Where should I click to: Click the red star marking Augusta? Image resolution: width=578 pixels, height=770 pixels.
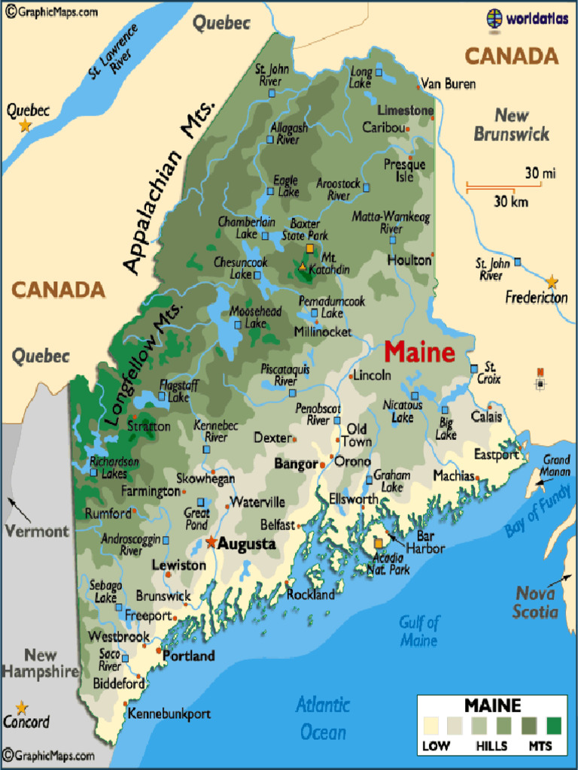pyautogui.click(x=211, y=542)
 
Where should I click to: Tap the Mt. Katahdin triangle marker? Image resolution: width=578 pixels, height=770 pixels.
pyautogui.click(x=303, y=267)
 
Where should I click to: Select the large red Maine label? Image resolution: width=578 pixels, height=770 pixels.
pyautogui.click(x=419, y=352)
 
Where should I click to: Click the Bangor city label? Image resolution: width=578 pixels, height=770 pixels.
pyautogui.click(x=296, y=464)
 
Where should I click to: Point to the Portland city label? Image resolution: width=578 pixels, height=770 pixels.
pyautogui.click(x=189, y=656)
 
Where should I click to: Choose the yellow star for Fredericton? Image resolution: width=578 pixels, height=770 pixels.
pyautogui.click(x=552, y=282)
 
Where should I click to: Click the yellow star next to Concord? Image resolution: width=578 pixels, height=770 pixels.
pyautogui.click(x=22, y=708)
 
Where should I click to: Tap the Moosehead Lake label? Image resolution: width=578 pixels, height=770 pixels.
pyautogui.click(x=255, y=317)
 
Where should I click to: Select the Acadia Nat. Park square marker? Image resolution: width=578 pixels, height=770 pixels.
pyautogui.click(x=379, y=542)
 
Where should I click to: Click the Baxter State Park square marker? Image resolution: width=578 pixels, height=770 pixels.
pyautogui.click(x=309, y=247)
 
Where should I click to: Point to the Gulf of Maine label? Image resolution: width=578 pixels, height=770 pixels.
pyautogui.click(x=418, y=631)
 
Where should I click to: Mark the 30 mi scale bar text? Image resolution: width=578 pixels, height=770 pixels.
pyautogui.click(x=540, y=174)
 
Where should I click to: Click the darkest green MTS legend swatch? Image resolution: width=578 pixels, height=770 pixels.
pyautogui.click(x=555, y=725)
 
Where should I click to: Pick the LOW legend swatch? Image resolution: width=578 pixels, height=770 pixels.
pyautogui.click(x=431, y=725)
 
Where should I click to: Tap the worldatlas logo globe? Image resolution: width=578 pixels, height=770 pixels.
pyautogui.click(x=494, y=18)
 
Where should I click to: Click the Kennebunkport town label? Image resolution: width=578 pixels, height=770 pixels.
pyautogui.click(x=169, y=714)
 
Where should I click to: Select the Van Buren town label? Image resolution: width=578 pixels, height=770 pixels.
pyautogui.click(x=448, y=84)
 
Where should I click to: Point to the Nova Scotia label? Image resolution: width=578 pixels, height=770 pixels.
pyautogui.click(x=536, y=602)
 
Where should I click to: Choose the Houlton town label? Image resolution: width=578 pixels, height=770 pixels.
pyautogui.click(x=409, y=260)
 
